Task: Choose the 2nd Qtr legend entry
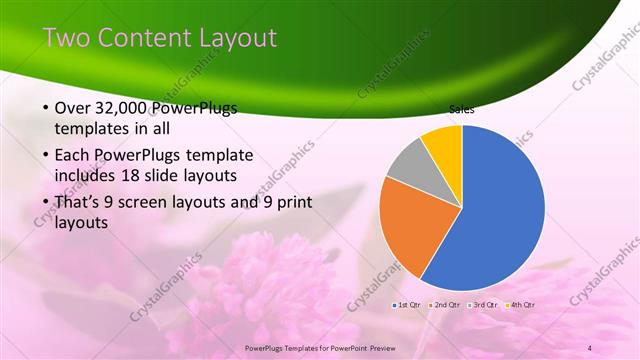pos(447,304)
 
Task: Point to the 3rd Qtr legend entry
pos(486,304)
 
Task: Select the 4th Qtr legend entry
pos(523,304)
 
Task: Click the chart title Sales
pos(461,109)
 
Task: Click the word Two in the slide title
pos(69,38)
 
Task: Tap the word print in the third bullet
pos(290,202)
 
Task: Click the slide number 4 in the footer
pos(590,347)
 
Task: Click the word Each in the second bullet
pos(74,155)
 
